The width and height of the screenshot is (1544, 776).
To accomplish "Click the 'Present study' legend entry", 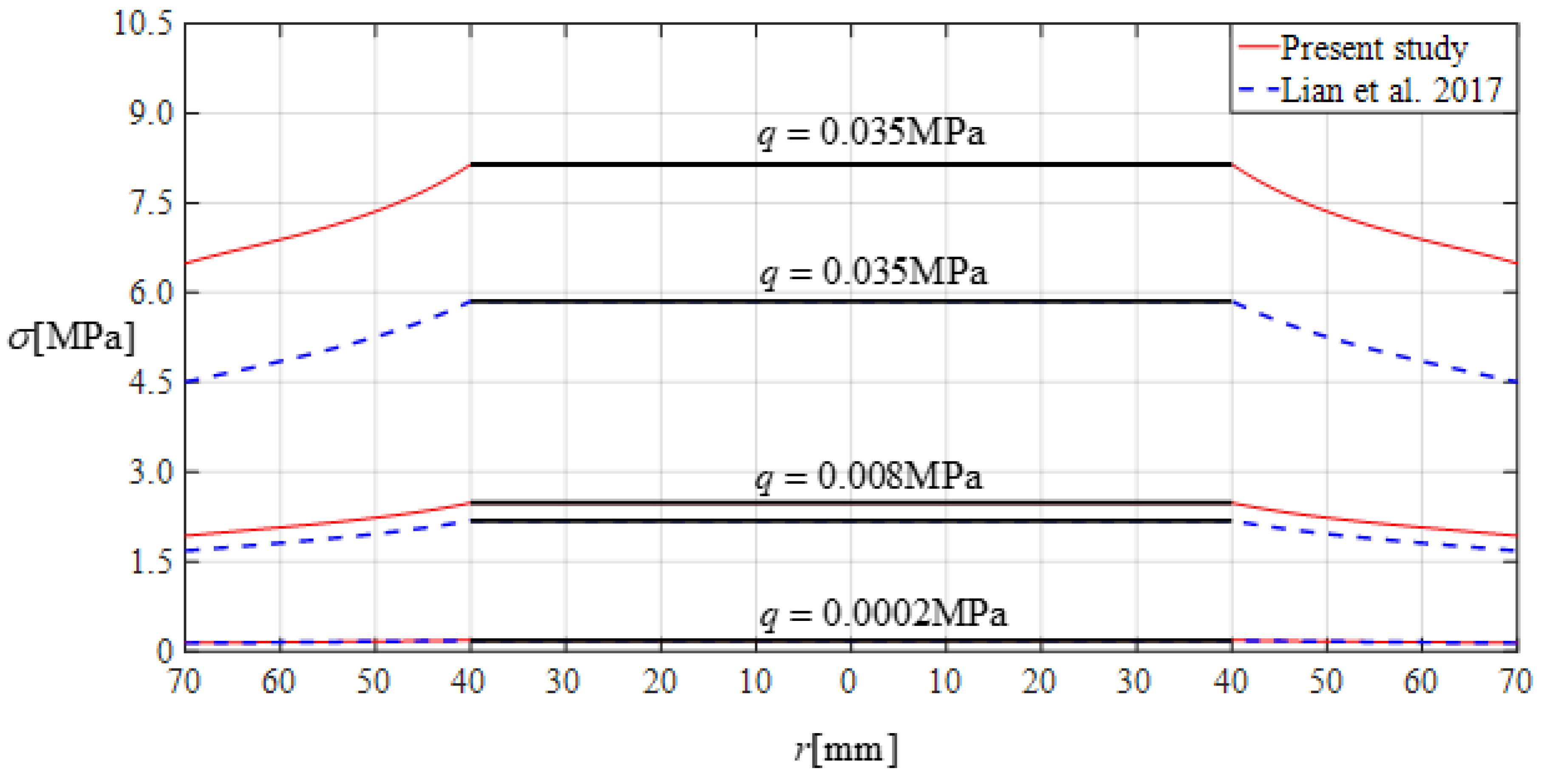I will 1373,48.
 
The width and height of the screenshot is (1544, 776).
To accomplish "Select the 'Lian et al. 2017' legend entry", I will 1391,91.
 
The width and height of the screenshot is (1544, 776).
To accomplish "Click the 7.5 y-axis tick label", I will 150,203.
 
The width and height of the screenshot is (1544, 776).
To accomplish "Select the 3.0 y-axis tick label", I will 150,472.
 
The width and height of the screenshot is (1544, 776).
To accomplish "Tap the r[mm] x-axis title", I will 846,749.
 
